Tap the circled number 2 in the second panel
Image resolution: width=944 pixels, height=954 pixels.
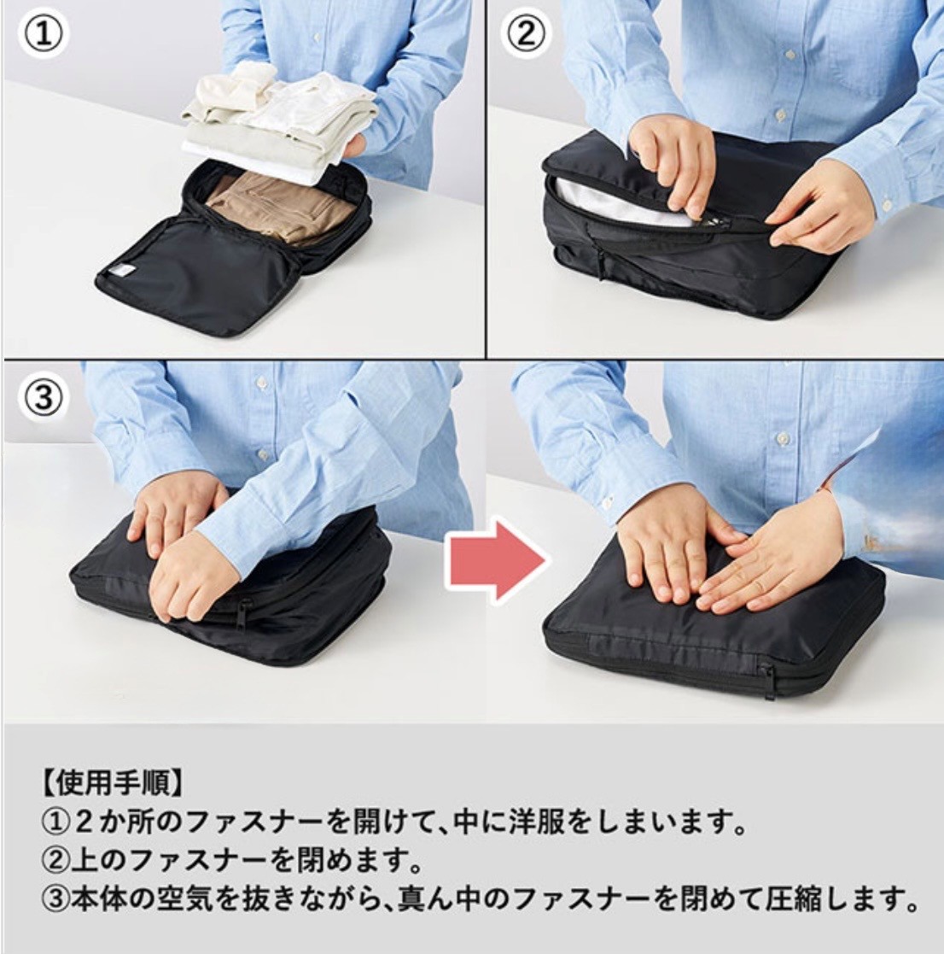pyautogui.click(x=527, y=34)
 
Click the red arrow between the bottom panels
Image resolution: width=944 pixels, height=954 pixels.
pyautogui.click(x=497, y=560)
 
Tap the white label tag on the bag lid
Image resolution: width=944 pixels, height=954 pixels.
pyautogui.click(x=120, y=272)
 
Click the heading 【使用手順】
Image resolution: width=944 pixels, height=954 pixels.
pyautogui.click(x=112, y=784)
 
